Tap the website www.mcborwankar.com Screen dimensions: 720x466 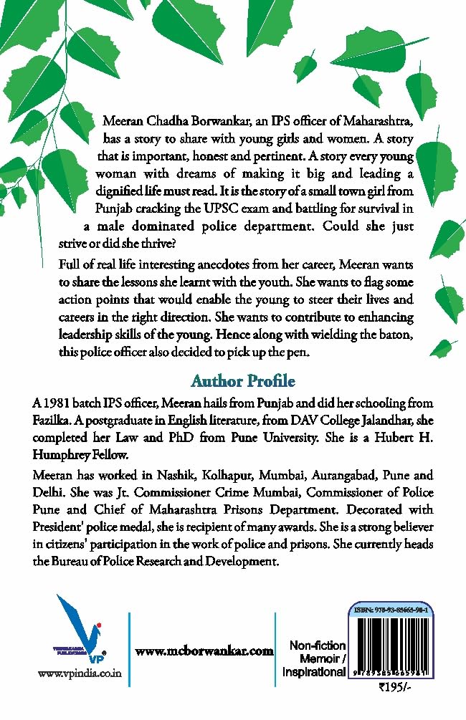204,651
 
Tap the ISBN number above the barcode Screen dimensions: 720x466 396,609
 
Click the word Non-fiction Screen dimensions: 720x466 318,646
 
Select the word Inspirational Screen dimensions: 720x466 314,672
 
